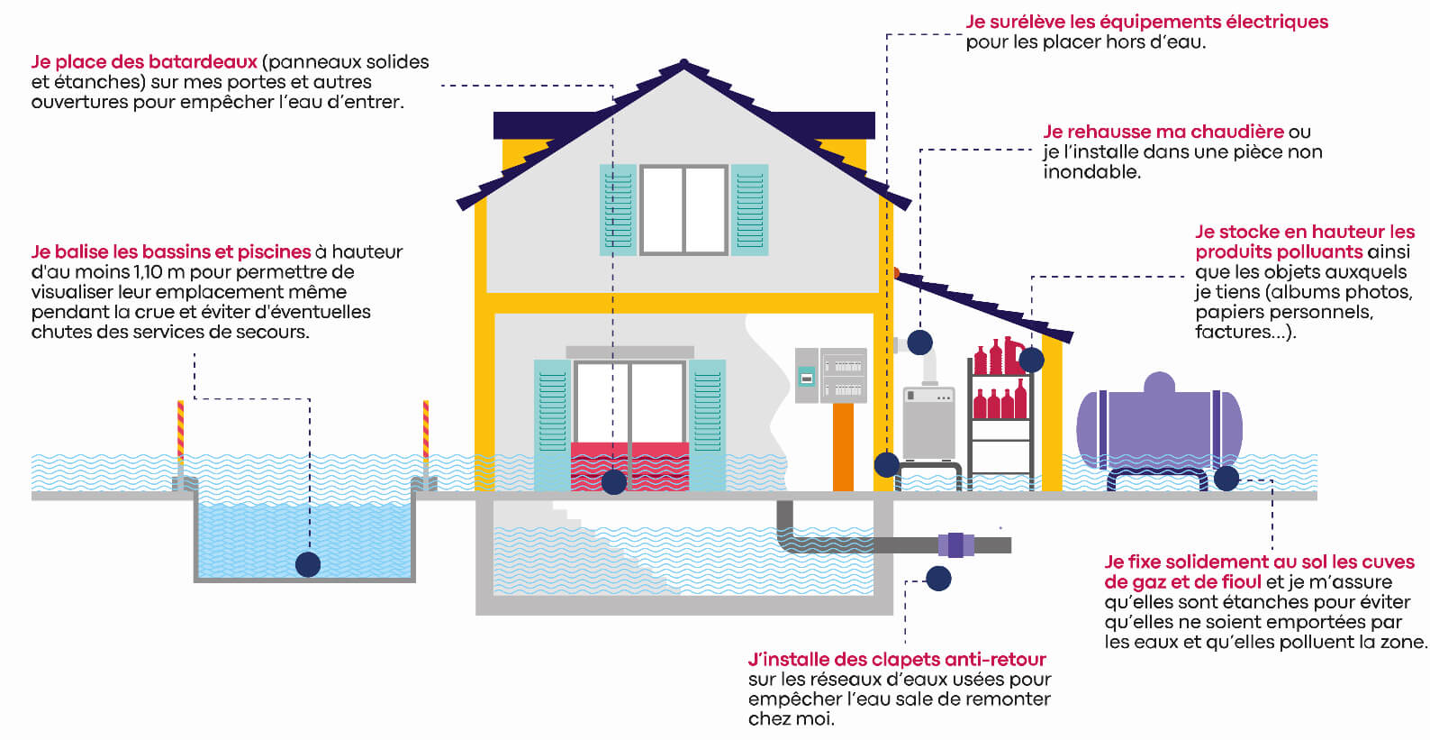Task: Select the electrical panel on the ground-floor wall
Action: click(830, 375)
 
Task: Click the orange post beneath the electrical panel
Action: click(843, 446)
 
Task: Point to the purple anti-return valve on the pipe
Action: click(955, 544)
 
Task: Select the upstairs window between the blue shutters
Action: click(683, 209)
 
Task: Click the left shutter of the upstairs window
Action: click(618, 209)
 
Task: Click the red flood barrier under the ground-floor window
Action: click(630, 465)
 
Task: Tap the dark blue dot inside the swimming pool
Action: click(308, 564)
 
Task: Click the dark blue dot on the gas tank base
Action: click(1226, 478)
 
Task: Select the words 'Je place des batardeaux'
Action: click(144, 62)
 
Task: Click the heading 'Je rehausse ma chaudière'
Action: click(1163, 132)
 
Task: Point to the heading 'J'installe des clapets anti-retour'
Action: click(897, 659)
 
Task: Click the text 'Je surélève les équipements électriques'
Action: click(1146, 22)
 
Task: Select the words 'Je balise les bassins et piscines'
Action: click(171, 251)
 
